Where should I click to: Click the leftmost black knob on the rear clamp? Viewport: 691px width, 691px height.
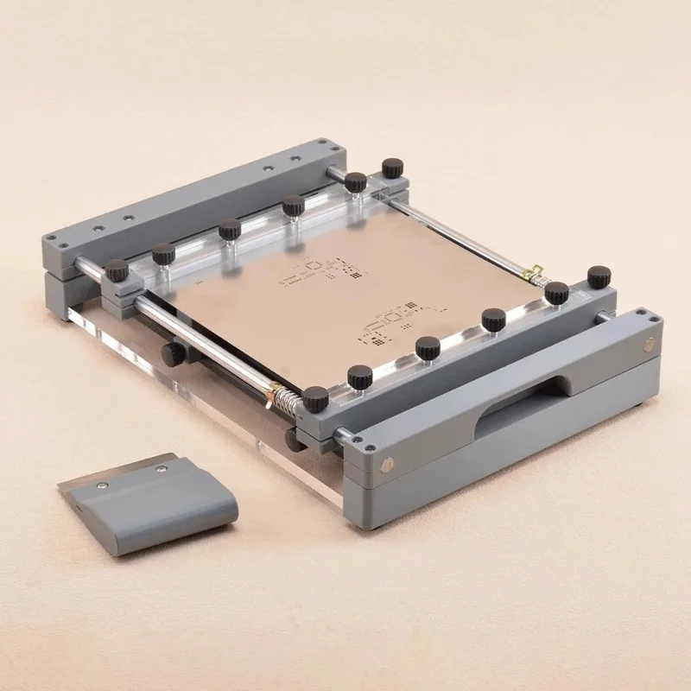(x=117, y=274)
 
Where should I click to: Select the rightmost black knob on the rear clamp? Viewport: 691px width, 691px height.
(x=393, y=167)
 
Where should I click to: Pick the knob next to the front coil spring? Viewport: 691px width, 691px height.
(x=315, y=399)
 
